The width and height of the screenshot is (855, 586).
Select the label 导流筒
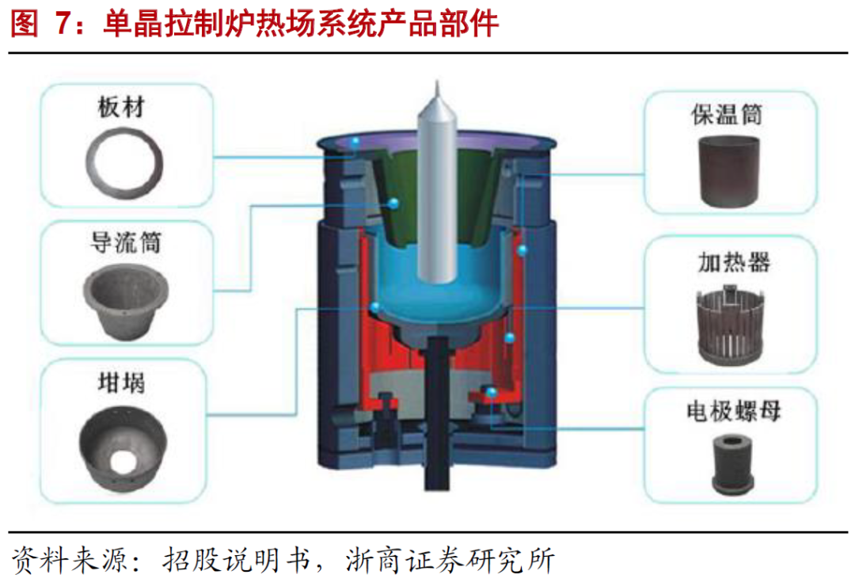(x=125, y=242)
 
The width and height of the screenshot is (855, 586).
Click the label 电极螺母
(x=731, y=412)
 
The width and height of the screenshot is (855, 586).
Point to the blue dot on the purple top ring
(x=356, y=142)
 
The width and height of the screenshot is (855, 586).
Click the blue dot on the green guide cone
(x=391, y=204)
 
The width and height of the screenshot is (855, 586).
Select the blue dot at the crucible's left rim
(x=375, y=306)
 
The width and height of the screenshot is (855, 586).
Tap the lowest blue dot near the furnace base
(x=492, y=392)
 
